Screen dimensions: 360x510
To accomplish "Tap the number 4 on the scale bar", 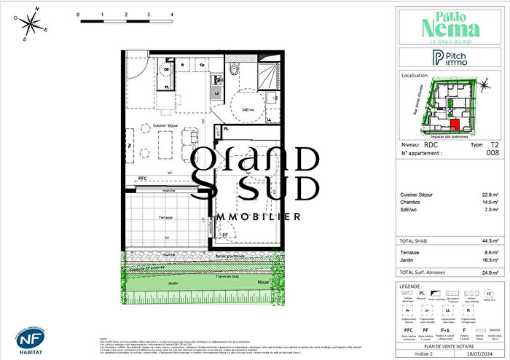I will [x=171, y=15].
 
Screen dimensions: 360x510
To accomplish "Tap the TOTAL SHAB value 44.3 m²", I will [x=490, y=240].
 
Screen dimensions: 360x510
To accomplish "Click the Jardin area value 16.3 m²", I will [x=490, y=259].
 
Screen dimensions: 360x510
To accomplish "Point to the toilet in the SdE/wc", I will [x=233, y=70].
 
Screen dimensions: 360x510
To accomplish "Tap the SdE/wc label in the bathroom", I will [x=248, y=109].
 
